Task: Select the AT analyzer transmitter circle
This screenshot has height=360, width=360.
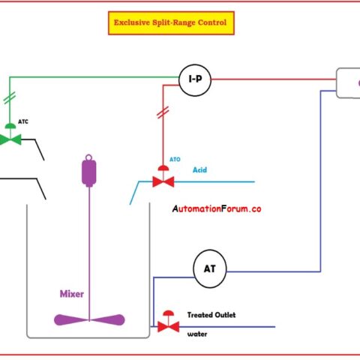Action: click(210, 267)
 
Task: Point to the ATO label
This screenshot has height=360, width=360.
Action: click(175, 160)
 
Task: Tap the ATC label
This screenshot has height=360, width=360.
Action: click(24, 120)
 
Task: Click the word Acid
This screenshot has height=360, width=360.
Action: click(200, 170)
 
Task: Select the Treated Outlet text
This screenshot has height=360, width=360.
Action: click(211, 315)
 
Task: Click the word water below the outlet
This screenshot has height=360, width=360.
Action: click(196, 334)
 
